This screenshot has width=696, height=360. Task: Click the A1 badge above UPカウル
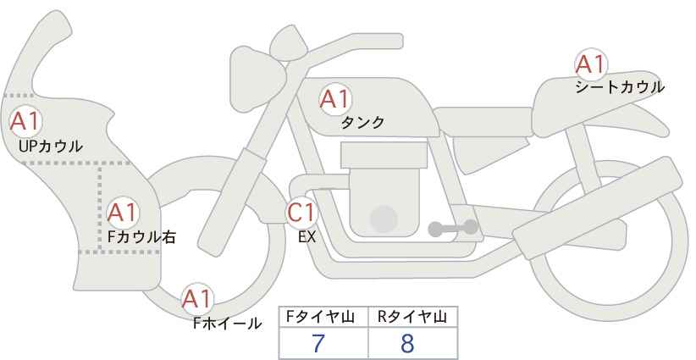[25, 121]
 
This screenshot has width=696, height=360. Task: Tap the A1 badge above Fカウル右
[123, 213]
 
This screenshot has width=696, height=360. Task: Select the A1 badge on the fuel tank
[335, 99]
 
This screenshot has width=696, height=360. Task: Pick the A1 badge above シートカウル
[591, 64]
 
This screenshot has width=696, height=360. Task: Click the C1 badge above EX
[301, 213]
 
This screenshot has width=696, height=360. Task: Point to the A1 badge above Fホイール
[197, 299]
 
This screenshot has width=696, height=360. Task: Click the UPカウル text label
[51, 146]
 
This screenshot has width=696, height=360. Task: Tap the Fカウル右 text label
[141, 237]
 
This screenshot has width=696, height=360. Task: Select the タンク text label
[362, 122]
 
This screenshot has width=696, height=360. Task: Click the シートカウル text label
[620, 86]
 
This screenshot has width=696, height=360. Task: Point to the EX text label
[307, 237]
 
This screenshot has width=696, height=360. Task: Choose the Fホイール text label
[227, 324]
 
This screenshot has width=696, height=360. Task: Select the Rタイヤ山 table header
[412, 317]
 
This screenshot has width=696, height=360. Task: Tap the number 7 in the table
[318, 343]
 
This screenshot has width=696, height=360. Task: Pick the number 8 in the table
[407, 343]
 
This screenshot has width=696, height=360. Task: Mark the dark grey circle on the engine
[384, 219]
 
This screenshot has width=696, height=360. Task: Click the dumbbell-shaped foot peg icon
[453, 228]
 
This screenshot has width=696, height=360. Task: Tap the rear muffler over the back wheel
[598, 208]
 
